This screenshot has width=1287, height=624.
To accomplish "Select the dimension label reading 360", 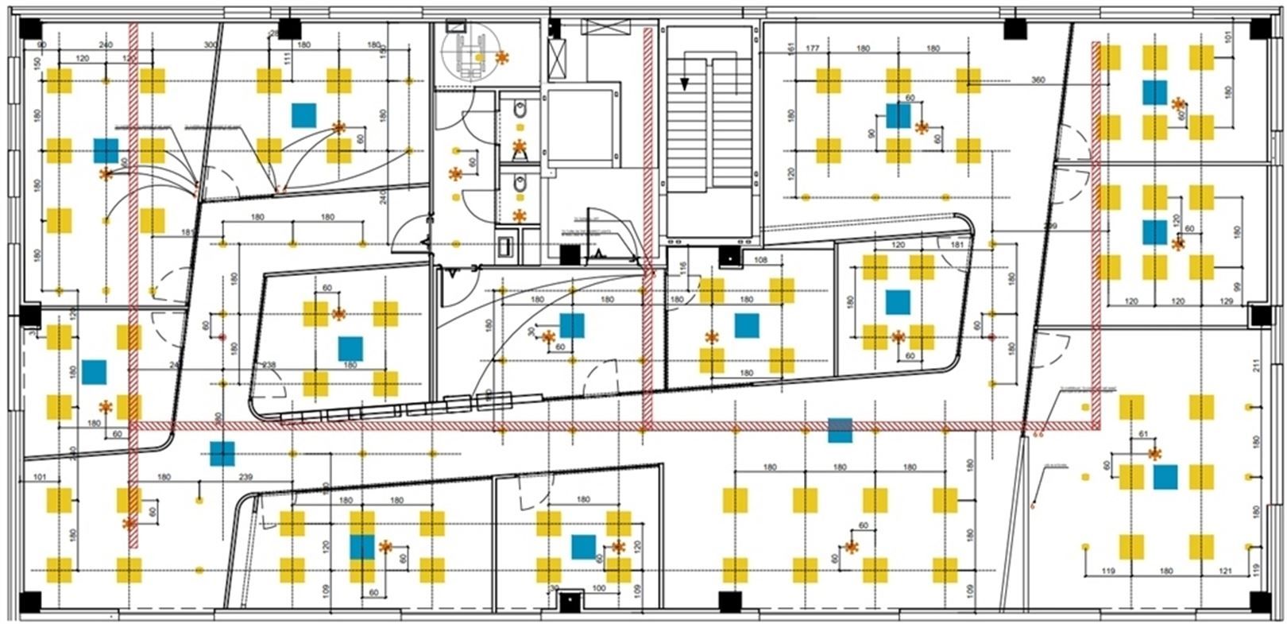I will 1038,80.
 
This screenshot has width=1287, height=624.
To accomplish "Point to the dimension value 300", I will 211,45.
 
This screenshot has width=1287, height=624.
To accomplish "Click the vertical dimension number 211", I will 1256,366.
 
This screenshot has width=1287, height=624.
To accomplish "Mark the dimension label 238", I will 269,366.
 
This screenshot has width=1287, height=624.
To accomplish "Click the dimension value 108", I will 760,260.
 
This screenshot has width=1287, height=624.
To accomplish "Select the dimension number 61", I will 1144,434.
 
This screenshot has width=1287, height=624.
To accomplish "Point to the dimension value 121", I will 1227,572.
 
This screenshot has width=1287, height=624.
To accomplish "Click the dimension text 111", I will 288,60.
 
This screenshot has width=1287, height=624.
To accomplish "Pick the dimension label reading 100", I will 599,589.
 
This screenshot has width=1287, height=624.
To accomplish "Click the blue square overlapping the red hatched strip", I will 840,430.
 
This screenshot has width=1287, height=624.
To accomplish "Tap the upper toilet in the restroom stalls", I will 520,108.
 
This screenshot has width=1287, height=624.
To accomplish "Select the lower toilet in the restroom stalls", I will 520,185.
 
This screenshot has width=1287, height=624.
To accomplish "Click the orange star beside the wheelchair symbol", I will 501,57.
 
